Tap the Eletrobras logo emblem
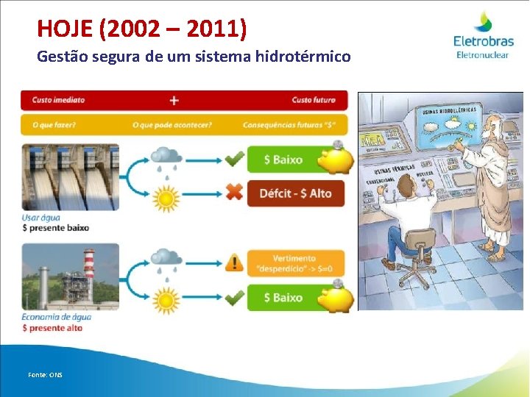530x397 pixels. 483,22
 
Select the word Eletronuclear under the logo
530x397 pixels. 483,54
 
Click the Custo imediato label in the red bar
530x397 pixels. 58,100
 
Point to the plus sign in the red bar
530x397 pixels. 174,100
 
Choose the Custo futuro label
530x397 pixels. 313,100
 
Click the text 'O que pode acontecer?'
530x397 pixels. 172,125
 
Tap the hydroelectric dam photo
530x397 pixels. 70,177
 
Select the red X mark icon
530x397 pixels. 234,193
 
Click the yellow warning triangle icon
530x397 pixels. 234,262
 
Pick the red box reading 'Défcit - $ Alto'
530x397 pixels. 295,193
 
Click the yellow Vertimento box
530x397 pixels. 295,262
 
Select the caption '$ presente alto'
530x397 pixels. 52,328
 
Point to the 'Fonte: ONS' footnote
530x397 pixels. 45,375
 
